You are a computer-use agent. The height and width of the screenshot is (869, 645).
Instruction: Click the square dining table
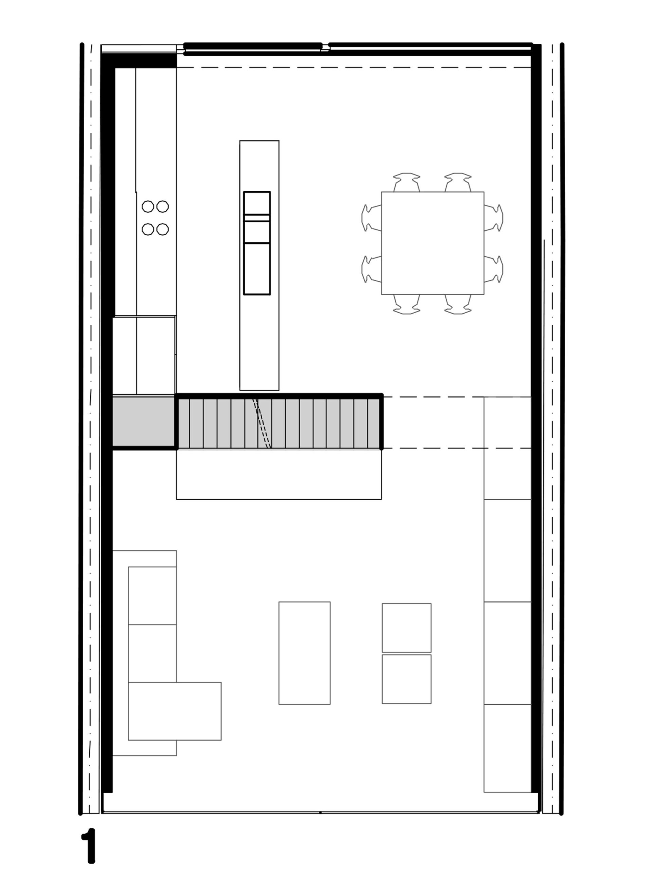pyautogui.click(x=433, y=243)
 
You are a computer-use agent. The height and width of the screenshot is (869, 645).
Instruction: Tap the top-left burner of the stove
pyautogui.click(x=148, y=206)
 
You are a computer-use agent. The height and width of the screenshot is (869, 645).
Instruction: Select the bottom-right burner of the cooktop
pyautogui.click(x=162, y=229)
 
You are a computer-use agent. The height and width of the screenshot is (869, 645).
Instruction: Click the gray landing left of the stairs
pyautogui.click(x=144, y=422)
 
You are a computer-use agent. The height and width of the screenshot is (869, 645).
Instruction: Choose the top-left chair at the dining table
pyautogui.click(x=407, y=182)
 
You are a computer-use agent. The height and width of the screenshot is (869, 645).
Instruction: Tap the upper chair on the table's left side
pyautogui.click(x=372, y=218)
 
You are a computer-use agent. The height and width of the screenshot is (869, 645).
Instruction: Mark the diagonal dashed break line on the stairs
pyautogui.click(x=262, y=423)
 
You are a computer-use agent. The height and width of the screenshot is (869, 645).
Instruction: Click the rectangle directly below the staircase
pyautogui.click(x=279, y=474)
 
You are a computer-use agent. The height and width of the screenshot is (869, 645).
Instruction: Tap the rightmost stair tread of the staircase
pyautogui.click(x=374, y=423)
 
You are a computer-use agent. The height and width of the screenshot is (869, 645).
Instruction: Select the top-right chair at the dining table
pyautogui.click(x=458, y=182)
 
